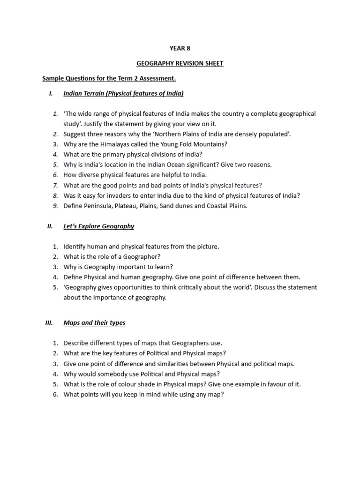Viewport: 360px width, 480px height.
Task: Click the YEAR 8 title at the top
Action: coord(180,48)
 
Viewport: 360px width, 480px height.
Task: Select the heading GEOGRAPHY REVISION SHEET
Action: coord(180,63)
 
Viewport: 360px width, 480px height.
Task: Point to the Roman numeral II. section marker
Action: coord(50,226)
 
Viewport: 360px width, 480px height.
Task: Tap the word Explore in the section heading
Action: coord(90,226)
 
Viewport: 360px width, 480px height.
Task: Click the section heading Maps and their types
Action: coord(94,323)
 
